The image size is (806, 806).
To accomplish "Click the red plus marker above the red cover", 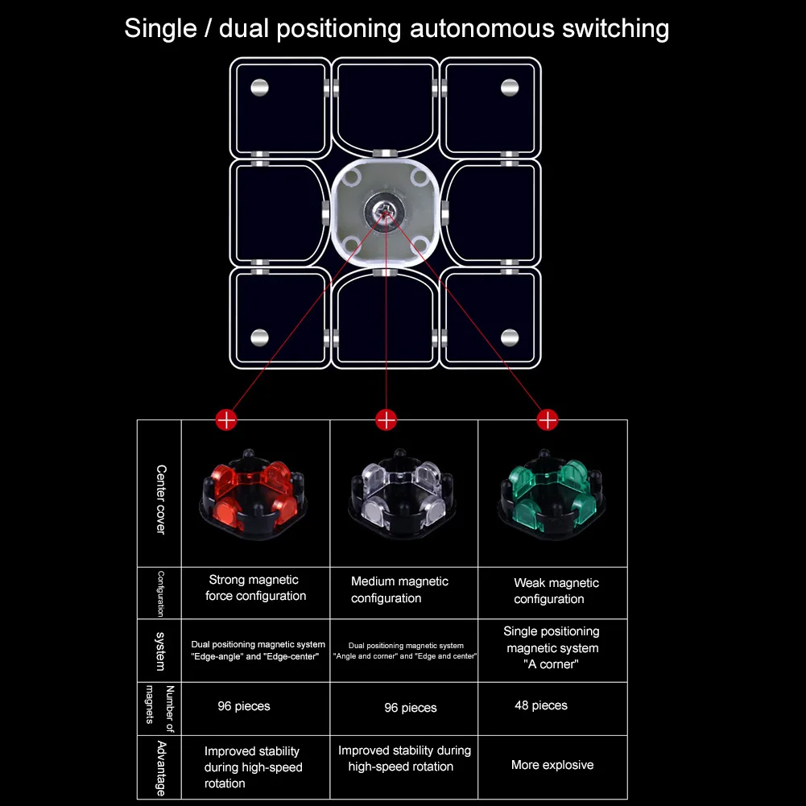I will coord(226,419).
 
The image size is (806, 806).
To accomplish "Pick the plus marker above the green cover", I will coord(548,419).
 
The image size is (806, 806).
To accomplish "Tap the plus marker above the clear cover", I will coord(386,419).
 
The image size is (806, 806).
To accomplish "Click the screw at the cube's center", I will coord(385,211).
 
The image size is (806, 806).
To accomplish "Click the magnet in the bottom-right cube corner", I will coord(510,337).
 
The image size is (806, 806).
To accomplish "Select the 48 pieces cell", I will coord(541,705).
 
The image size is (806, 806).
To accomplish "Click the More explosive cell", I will coord(552,765).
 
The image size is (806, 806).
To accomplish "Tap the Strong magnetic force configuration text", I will coord(255,588).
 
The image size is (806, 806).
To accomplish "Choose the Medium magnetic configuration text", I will coord(399,589).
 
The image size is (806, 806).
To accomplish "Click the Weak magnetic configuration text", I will coord(556,591).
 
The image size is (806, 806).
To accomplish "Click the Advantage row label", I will coord(160,767).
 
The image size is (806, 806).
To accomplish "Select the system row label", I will coord(160,651).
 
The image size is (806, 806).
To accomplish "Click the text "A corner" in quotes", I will coord(552,665).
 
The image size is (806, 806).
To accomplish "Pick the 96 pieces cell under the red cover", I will coord(244,706).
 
